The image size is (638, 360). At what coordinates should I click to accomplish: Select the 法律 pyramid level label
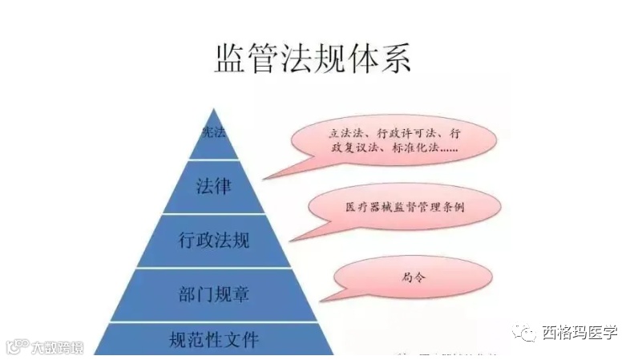tap(213, 187)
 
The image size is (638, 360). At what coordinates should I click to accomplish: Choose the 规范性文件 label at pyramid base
tap(214, 339)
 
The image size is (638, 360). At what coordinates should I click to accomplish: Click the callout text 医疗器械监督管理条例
tap(394, 207)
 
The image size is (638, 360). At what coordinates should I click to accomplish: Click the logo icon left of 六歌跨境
tap(17, 347)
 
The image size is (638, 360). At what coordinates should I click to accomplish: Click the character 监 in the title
tap(232, 59)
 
